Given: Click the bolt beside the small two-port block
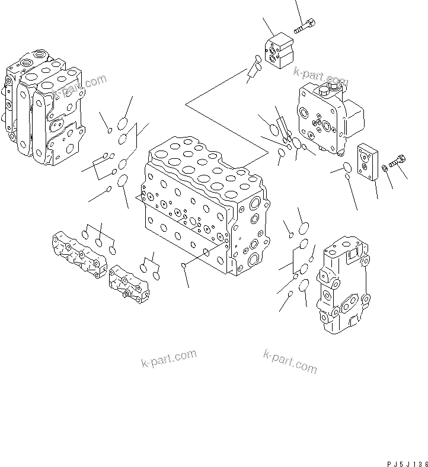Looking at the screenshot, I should (304, 25).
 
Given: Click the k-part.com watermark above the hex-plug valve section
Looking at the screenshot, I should (320, 76).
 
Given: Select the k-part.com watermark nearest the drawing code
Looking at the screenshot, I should (290, 361).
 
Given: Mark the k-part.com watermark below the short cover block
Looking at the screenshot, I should (168, 359).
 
